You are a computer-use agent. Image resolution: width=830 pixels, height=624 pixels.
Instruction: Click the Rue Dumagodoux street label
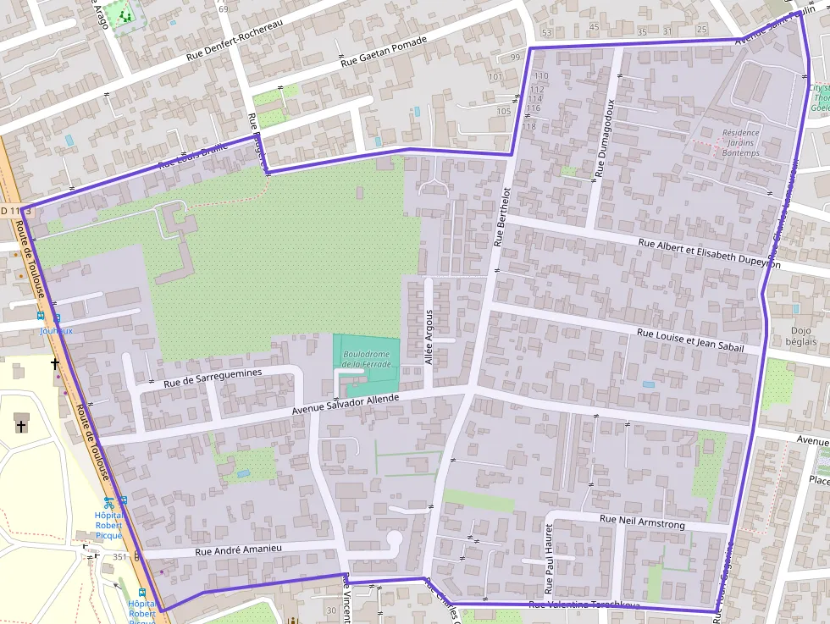pos(604,137)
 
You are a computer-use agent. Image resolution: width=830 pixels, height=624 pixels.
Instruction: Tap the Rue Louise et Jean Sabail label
pos(690,340)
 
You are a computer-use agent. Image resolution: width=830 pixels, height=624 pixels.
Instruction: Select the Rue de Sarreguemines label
pos(213,378)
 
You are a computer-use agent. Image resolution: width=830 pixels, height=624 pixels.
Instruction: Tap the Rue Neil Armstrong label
pos(642,522)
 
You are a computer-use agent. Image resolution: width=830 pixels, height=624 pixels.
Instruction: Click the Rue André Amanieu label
pos(238,550)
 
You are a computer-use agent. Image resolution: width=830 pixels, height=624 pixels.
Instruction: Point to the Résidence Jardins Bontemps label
pos(741,143)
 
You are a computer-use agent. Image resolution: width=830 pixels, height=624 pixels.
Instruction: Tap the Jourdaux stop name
pos(57,331)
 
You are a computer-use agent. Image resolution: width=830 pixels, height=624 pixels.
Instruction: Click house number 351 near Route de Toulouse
pos(119,557)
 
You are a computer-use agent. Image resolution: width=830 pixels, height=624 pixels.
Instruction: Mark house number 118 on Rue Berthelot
pos(530,126)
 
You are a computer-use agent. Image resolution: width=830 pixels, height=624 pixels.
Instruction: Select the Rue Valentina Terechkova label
pos(584,605)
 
